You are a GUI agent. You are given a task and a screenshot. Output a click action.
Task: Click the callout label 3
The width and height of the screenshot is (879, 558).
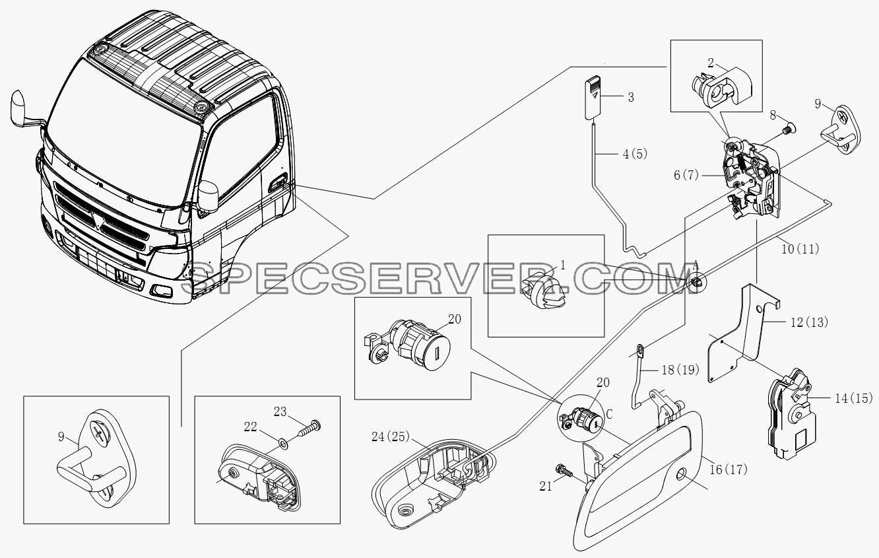(631, 97)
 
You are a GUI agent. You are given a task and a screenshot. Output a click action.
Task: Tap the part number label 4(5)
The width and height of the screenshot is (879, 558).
(635, 155)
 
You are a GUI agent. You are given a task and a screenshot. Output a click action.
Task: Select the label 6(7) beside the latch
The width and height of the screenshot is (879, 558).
(686, 175)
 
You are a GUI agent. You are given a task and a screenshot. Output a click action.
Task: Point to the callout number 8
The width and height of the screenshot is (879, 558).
(773, 115)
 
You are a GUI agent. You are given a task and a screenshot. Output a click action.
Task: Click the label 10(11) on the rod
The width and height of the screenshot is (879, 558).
(800, 249)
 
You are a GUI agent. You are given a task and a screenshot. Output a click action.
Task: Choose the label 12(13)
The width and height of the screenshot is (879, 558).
(809, 322)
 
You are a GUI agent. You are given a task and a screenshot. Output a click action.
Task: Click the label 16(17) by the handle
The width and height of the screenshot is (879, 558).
(729, 470)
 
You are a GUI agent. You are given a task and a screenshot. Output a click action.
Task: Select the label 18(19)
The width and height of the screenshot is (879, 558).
(680, 370)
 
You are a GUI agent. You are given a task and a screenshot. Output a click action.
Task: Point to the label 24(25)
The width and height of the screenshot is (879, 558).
(391, 436)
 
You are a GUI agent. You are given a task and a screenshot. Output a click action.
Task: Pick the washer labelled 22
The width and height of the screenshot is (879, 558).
(282, 444)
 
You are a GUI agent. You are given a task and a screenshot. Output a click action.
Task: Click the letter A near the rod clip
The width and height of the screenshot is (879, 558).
(696, 266)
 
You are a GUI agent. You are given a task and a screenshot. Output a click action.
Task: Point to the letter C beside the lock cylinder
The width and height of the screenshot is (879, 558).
(609, 414)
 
